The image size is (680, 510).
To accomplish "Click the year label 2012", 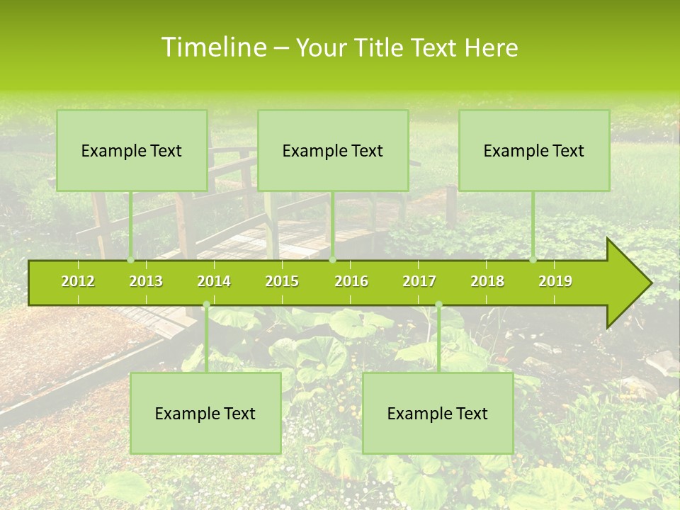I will tap(78, 281).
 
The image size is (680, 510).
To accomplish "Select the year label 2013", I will tap(146, 281).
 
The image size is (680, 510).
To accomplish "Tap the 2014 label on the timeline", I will tap(214, 281).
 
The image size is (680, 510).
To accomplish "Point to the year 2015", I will tap(282, 281).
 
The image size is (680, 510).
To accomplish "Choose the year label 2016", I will tap(351, 281).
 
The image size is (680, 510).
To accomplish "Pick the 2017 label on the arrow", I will tap(419, 281).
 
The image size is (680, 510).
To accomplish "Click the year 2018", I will tap(487, 281).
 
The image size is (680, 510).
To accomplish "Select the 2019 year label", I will tap(555, 281).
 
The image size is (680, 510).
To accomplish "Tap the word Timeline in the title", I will tap(213, 47).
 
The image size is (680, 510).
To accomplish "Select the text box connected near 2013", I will tap(132, 150).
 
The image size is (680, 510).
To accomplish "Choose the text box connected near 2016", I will tap(333, 150).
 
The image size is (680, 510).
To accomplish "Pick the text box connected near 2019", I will tap(534, 150).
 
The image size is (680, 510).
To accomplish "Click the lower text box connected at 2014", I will tap(205, 413).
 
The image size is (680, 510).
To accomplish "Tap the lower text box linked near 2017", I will tap(438, 413).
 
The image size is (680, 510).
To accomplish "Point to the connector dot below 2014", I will tap(206, 305).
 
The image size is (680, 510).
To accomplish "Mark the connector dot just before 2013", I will tap(130, 260).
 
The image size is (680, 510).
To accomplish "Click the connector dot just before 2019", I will tap(533, 260).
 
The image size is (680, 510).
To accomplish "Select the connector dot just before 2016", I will tap(332, 260).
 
